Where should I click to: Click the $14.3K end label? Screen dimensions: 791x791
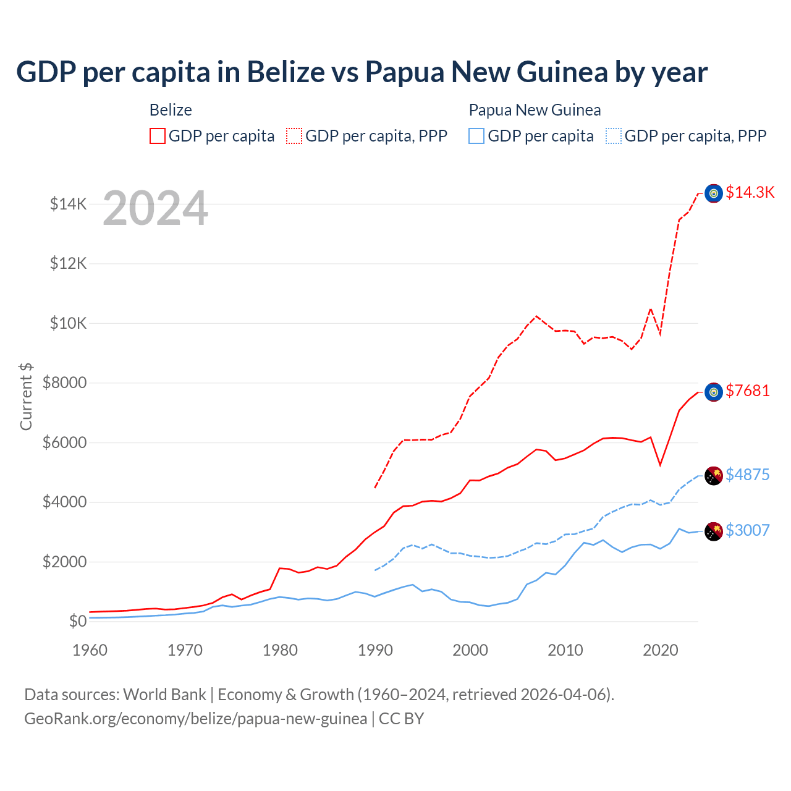750,192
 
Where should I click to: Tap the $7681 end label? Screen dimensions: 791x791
748,391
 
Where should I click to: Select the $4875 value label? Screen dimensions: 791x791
748,475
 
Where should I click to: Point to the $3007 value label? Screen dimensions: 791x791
748,530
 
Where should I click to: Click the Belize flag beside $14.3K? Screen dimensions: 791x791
714,193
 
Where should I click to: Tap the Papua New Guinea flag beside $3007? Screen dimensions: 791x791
714,531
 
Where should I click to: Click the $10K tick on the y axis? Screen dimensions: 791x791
68,323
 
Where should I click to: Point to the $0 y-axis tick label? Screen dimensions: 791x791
77,621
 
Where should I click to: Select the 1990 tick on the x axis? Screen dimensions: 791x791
375,650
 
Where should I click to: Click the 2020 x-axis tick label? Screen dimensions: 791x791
661,650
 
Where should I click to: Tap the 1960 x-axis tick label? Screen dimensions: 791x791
90,650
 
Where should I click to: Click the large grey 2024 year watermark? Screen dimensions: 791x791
155,209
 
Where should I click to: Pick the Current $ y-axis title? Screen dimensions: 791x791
26,397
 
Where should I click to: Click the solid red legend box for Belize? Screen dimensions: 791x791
158,136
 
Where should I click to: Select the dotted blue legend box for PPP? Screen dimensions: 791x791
614,136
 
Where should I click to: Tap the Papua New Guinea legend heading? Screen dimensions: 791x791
535,110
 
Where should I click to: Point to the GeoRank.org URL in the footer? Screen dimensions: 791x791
195,719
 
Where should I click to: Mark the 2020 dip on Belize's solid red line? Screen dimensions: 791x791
661,465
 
